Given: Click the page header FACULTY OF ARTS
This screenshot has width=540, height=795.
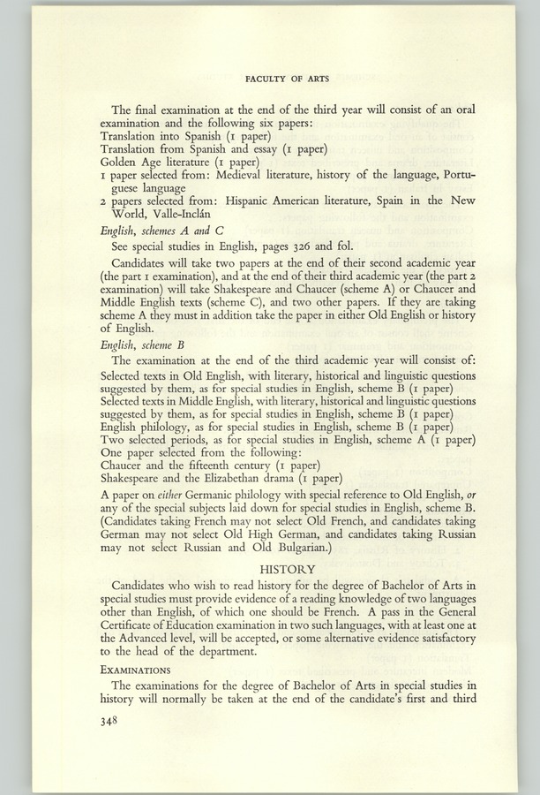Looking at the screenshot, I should [288, 79].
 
